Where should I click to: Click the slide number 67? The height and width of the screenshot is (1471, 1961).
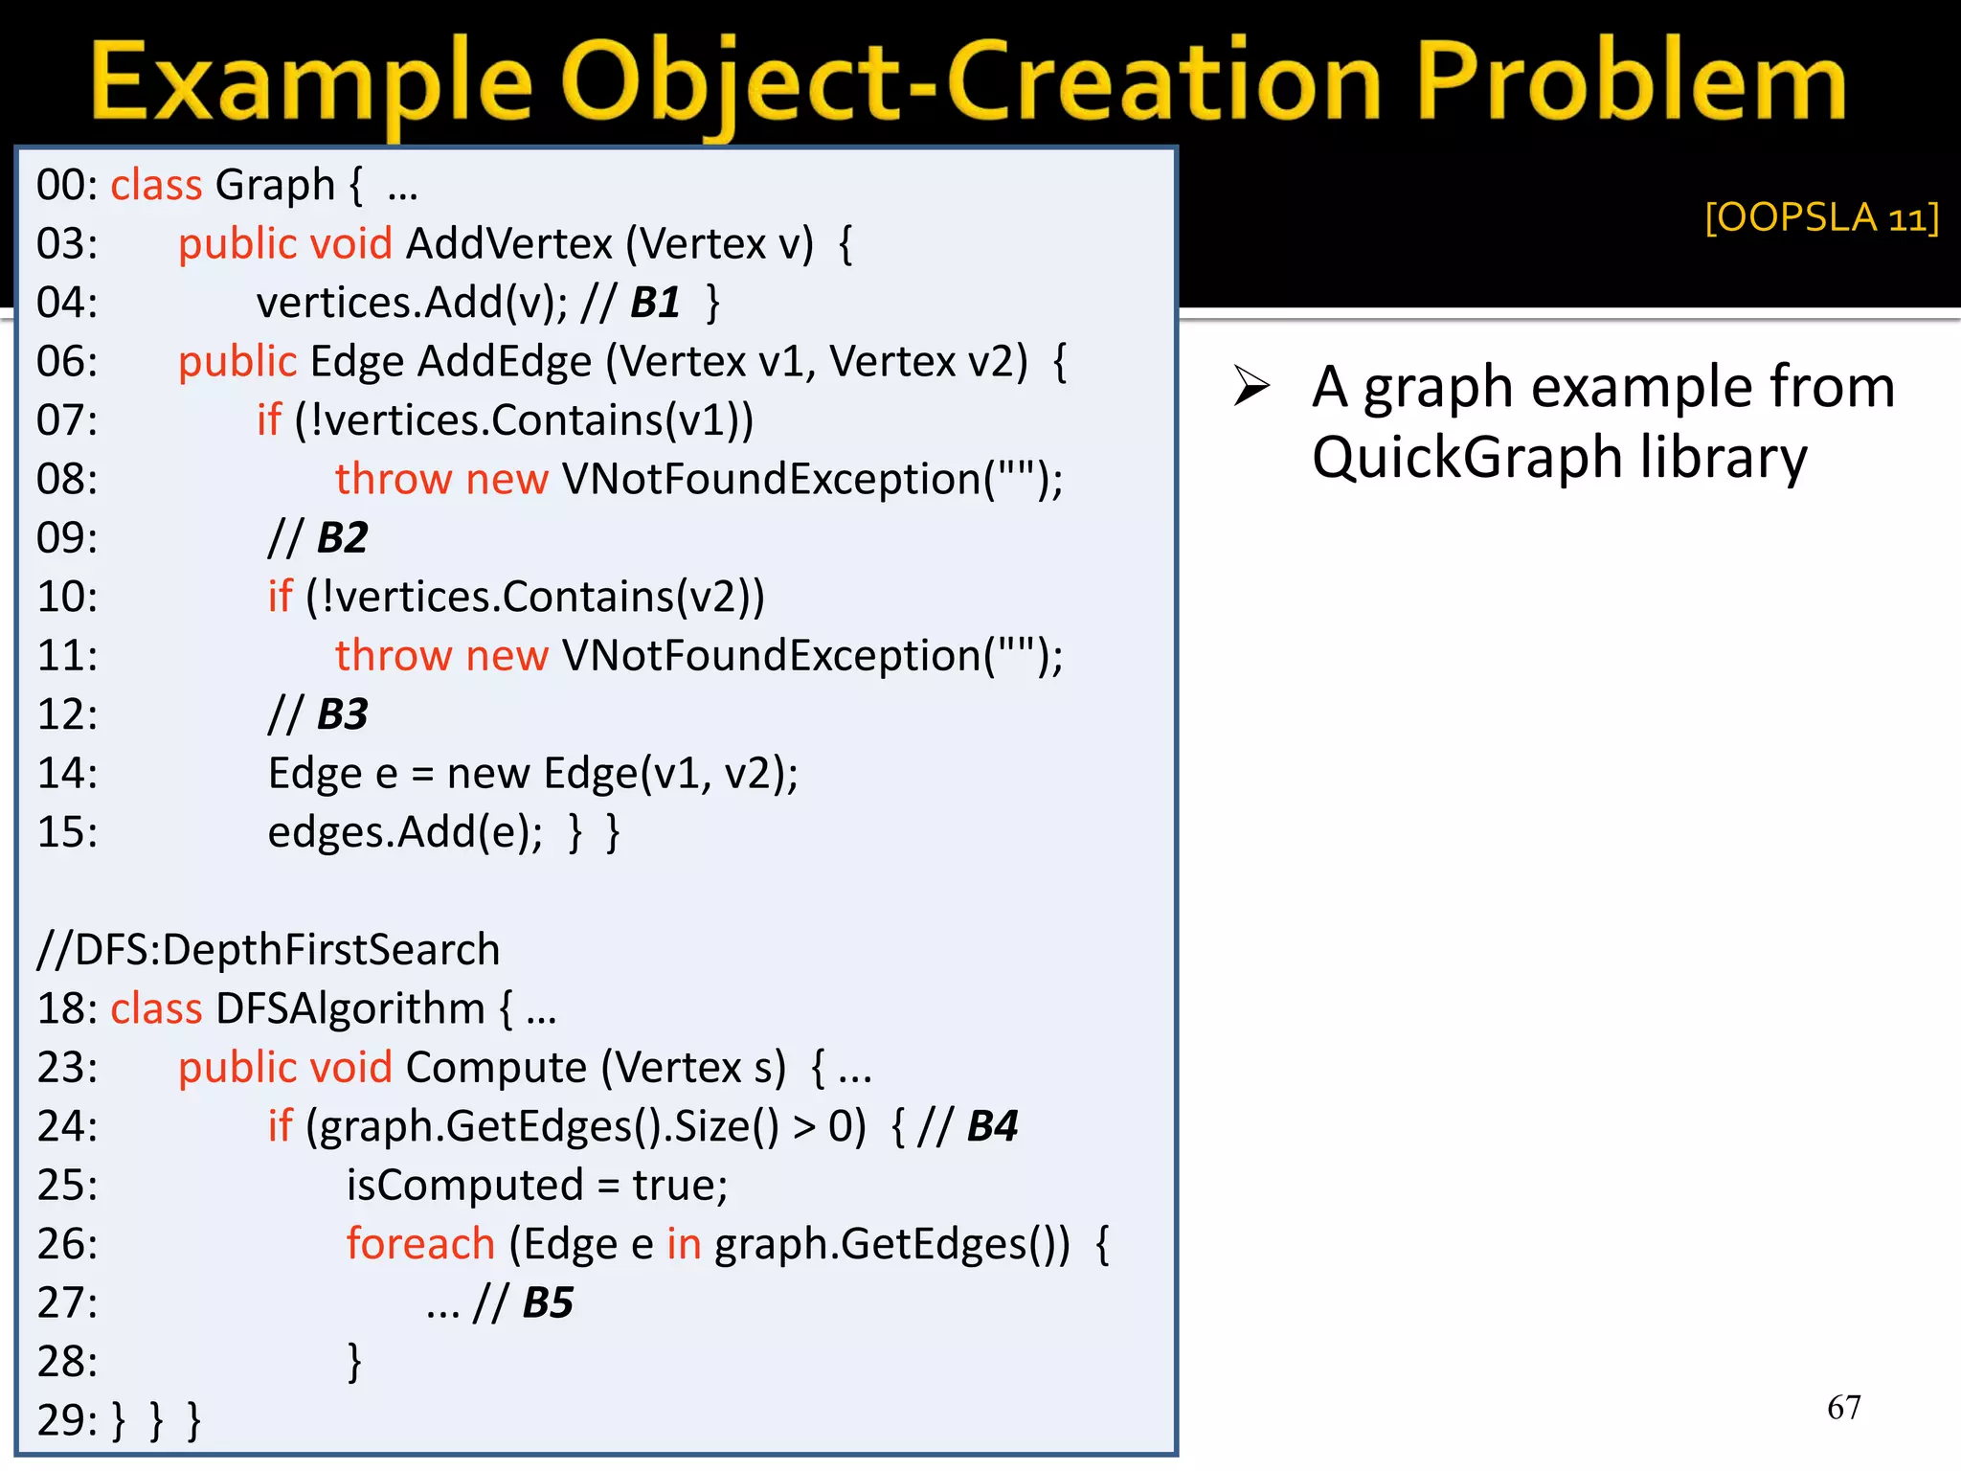coord(1843,1407)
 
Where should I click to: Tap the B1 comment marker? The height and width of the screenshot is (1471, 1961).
coord(655,303)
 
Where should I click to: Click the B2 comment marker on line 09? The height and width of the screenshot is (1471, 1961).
coord(342,538)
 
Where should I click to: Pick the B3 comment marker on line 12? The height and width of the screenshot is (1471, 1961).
coord(342,714)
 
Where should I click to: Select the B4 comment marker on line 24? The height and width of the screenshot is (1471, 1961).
coord(992,1126)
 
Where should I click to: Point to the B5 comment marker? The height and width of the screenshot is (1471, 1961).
coord(548,1302)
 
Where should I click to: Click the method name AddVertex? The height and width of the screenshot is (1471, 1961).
coord(508,244)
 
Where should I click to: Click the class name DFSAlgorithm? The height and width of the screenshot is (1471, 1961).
coord(350,1008)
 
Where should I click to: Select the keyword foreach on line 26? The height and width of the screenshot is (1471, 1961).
coord(420,1244)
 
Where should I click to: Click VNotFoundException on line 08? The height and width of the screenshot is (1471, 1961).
coord(772,479)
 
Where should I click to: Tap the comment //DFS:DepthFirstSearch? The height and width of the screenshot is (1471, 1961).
coord(268,950)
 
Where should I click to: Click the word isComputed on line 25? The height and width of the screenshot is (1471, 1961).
coord(464,1186)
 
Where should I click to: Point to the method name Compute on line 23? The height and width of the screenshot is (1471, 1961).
coord(496,1068)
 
